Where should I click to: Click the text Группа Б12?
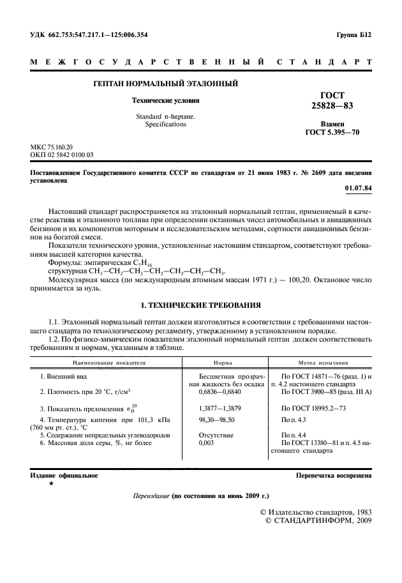click(x=354, y=34)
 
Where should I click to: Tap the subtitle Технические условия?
click(x=165, y=100)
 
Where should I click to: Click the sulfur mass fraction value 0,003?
click(x=207, y=443)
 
